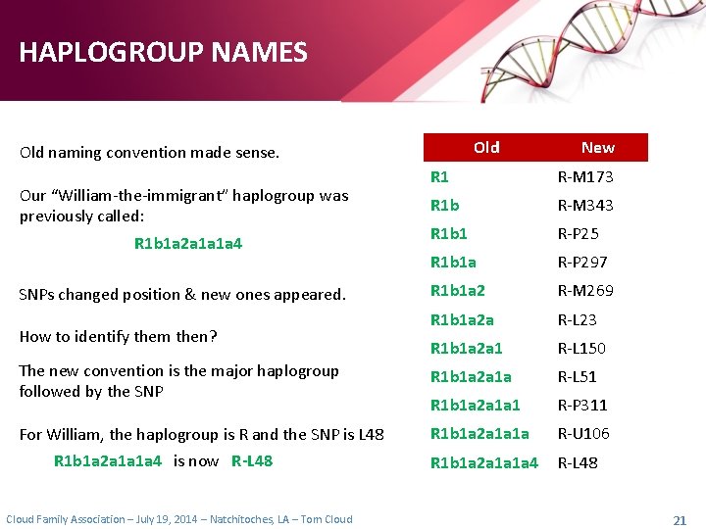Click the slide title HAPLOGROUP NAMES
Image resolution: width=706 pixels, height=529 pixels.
[163, 52]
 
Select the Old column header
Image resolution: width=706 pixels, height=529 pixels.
[486, 147]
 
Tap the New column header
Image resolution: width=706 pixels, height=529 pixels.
[597, 147]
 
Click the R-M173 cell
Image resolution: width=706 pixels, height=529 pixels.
[585, 177]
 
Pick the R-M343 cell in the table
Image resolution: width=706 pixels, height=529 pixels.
[585, 206]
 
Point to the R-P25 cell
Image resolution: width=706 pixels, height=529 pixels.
[579, 234]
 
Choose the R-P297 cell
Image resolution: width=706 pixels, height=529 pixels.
[582, 263]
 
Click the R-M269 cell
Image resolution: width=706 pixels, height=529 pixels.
[585, 291]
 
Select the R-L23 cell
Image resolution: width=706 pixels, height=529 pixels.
[578, 319]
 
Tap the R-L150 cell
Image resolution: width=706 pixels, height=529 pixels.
[581, 348]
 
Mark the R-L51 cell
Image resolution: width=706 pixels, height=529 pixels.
[578, 376]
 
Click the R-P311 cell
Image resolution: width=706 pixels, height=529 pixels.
[582, 405]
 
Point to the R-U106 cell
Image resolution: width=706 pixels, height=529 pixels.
[583, 433]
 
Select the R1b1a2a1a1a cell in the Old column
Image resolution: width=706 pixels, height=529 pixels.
[479, 433]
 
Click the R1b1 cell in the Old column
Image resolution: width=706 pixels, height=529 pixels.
[449, 234]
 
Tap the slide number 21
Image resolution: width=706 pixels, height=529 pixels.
[680, 519]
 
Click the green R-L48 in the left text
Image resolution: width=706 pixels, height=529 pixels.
[252, 460]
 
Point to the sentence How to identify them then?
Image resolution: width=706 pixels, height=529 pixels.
[118, 336]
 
